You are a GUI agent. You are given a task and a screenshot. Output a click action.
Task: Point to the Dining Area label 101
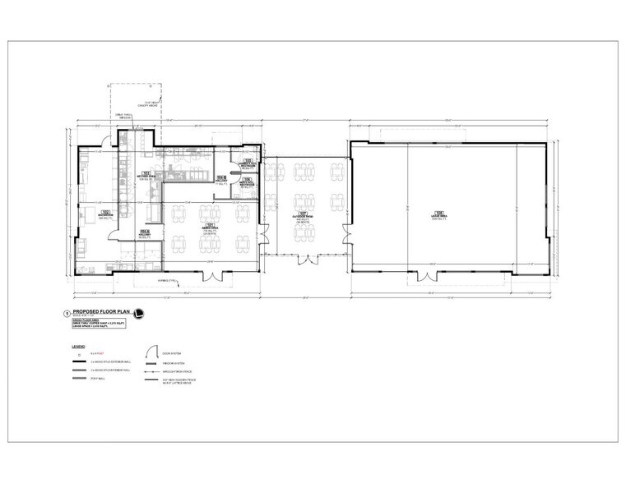click(211, 226)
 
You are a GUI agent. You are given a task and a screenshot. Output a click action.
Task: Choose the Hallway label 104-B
click(221, 178)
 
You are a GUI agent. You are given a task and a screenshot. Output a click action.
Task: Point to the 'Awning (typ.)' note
click(168, 281)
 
